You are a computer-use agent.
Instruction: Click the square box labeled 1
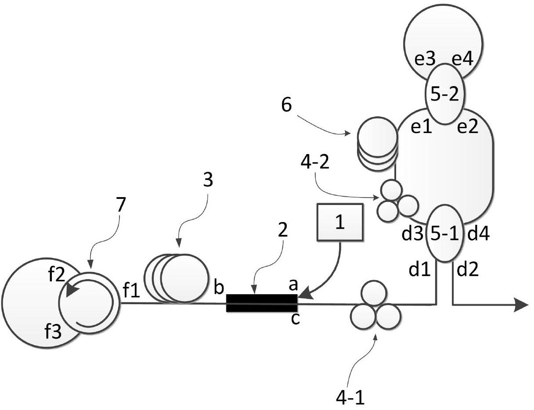click(x=340, y=223)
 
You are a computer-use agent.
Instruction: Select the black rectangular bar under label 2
click(x=262, y=303)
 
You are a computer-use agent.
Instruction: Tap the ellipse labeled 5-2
click(x=445, y=94)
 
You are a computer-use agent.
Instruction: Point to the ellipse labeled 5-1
click(x=445, y=234)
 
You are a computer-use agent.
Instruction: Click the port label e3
click(x=425, y=60)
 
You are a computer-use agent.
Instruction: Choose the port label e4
click(x=463, y=60)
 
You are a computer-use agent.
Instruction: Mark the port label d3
click(x=412, y=234)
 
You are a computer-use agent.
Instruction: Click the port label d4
click(x=478, y=234)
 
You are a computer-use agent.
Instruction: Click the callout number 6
click(x=286, y=105)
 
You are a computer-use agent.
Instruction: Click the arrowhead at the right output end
click(x=521, y=306)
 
